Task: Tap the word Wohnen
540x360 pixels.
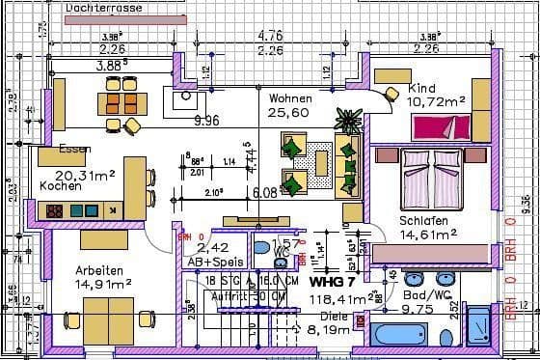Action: pyautogui.click(x=290, y=98)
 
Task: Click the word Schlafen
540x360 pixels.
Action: pyautogui.click(x=424, y=220)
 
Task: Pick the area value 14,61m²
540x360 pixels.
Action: pyautogui.click(x=427, y=234)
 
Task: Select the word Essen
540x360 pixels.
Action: pyautogui.click(x=74, y=149)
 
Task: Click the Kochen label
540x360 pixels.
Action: pyautogui.click(x=60, y=186)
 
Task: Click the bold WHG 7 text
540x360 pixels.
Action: pyautogui.click(x=333, y=282)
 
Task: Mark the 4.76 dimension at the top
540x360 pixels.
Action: pyautogui.click(x=270, y=37)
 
